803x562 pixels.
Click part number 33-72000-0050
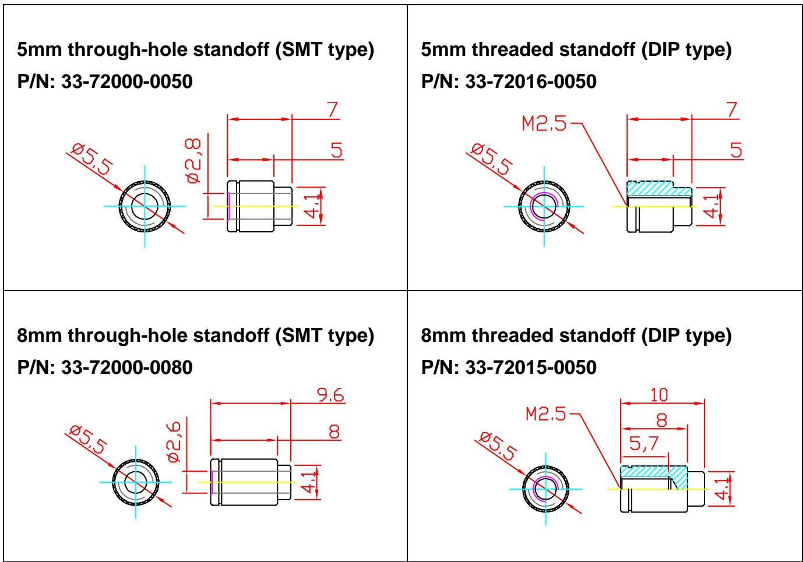[x=127, y=82]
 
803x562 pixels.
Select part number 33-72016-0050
[x=531, y=82]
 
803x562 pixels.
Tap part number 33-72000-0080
[x=127, y=367]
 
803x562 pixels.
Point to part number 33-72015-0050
[x=531, y=367]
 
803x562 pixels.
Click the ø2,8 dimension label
[x=193, y=161]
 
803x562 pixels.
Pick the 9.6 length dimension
[x=330, y=395]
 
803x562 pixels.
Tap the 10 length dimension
[x=659, y=395]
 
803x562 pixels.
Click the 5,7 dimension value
[x=644, y=444]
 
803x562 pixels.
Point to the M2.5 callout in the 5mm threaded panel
[x=544, y=123]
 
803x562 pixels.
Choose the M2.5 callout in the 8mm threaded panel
[x=545, y=414]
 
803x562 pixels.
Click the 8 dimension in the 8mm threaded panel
[x=661, y=420]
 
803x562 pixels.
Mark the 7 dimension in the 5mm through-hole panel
[x=333, y=109]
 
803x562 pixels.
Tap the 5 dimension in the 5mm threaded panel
[x=736, y=150]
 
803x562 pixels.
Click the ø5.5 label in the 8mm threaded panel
[x=498, y=446]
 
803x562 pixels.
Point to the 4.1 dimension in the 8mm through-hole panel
[x=309, y=482]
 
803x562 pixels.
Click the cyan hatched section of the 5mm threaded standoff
[x=659, y=189]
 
